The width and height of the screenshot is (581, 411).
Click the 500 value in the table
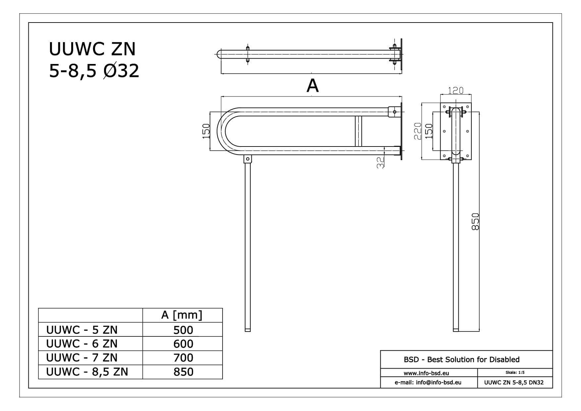(183, 330)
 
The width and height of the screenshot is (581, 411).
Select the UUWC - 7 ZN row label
(82, 358)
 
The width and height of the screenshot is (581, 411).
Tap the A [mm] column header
(182, 315)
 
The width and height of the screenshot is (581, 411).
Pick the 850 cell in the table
(183, 372)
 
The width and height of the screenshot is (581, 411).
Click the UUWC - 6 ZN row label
(82, 344)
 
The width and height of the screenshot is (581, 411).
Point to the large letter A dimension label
(312, 86)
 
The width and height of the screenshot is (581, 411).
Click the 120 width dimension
(456, 90)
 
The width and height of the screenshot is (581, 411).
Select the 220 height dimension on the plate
(417, 131)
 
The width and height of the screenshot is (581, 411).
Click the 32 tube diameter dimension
(381, 162)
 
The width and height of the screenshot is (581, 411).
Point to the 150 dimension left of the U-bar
(206, 131)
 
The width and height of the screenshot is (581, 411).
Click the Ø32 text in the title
(121, 71)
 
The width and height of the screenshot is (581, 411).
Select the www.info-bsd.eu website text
(426, 373)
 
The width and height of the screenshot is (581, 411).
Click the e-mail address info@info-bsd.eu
(428, 382)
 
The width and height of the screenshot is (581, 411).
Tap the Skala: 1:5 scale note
(515, 373)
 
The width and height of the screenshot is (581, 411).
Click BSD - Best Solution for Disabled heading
(461, 360)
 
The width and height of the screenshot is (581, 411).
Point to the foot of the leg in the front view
(247, 329)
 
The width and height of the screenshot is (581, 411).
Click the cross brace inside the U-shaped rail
(358, 131)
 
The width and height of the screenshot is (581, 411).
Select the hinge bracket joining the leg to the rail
(247, 159)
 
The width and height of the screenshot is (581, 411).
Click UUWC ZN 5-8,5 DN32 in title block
(514, 382)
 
